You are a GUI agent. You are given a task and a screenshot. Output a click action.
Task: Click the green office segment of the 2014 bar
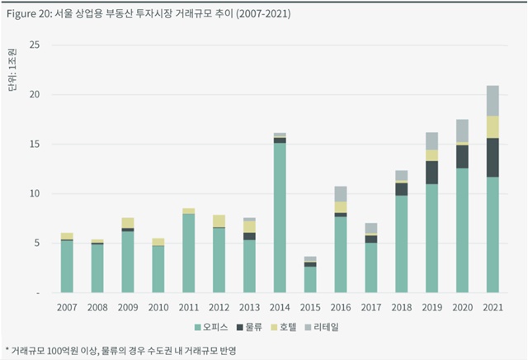[x=280, y=218]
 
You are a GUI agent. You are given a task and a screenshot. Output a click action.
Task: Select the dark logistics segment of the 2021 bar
[x=493, y=157]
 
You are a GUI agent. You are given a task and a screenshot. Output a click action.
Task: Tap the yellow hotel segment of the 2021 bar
[x=493, y=126]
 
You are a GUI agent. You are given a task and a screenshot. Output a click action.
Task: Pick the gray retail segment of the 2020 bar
[x=462, y=130]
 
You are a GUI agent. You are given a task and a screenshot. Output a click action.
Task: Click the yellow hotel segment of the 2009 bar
[x=127, y=223]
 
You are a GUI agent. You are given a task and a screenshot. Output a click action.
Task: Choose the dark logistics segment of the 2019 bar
[x=431, y=173]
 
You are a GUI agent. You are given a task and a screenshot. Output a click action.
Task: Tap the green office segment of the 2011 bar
[x=188, y=253]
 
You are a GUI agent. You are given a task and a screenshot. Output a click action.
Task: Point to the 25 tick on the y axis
[x=34, y=45]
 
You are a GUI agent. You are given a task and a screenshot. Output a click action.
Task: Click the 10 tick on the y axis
[x=34, y=194]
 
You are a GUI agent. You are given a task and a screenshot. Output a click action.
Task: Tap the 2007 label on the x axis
[x=67, y=307]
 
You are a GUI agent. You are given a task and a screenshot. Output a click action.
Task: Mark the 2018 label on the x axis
[x=401, y=307]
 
